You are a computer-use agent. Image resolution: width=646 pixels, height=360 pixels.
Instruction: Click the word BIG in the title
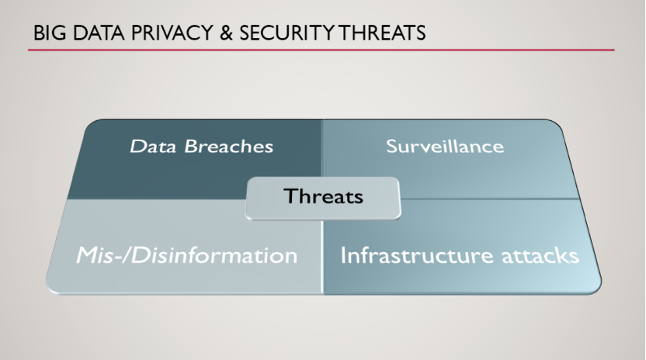coord(50,33)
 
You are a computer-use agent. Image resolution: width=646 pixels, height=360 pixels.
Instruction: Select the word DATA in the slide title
coord(99,33)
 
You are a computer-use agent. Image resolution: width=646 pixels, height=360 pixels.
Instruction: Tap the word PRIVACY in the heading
coord(172,33)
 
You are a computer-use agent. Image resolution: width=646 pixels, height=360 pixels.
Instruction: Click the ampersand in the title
coord(226,33)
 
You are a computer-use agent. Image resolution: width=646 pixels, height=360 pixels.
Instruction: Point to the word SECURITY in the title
coord(287,33)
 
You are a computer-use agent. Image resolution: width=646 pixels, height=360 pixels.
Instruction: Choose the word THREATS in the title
coord(381,33)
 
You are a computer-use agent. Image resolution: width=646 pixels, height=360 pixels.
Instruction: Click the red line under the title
coord(321,50)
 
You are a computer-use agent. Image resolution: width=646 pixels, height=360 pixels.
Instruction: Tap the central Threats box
coord(323,198)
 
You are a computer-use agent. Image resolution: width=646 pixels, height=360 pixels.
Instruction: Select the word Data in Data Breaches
coord(153,146)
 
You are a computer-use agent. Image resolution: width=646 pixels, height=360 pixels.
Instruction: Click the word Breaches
coord(228,146)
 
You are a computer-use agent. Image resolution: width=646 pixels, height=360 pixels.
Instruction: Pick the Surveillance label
coord(445,146)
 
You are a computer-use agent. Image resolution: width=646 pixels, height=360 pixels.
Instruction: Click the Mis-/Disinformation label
coord(186,255)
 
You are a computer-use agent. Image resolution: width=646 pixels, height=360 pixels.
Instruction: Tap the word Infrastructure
coord(416,255)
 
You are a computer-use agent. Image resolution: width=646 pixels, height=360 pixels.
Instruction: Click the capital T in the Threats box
coord(292,196)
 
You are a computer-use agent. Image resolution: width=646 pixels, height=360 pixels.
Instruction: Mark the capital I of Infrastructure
coord(342,255)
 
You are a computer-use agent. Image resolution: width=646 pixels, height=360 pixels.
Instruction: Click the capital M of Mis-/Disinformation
coord(87,255)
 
